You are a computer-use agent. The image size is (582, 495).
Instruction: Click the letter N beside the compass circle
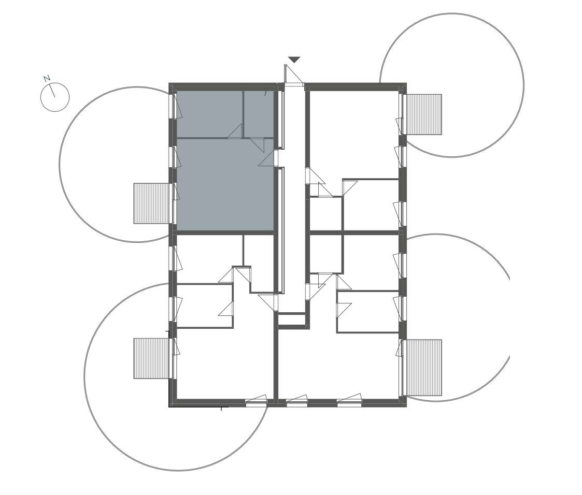(47, 78)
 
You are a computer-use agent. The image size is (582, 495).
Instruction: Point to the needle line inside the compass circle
(52, 91)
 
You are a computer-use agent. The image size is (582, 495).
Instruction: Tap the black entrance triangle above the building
(294, 60)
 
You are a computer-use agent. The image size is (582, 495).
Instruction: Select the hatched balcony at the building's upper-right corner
(422, 114)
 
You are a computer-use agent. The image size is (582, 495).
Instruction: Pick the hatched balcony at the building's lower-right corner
(422, 368)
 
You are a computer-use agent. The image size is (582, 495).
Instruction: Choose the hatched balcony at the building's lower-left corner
(152, 358)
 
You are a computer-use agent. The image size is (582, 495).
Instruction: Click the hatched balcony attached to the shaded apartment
(152, 203)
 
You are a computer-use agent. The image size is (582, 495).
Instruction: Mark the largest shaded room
(225, 185)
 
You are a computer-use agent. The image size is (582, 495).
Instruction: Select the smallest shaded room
(259, 114)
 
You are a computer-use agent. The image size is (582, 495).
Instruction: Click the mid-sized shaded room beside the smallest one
(210, 114)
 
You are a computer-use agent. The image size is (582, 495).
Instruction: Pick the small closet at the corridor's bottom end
(292, 319)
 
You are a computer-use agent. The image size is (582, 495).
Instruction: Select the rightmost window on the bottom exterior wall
(349, 400)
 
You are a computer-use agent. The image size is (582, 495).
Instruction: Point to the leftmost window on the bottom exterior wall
(256, 400)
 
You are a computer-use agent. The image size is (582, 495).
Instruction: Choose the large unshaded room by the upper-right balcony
(354, 134)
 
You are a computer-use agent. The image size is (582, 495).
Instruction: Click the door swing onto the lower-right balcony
(400, 348)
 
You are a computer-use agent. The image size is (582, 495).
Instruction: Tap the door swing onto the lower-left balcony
(176, 346)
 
